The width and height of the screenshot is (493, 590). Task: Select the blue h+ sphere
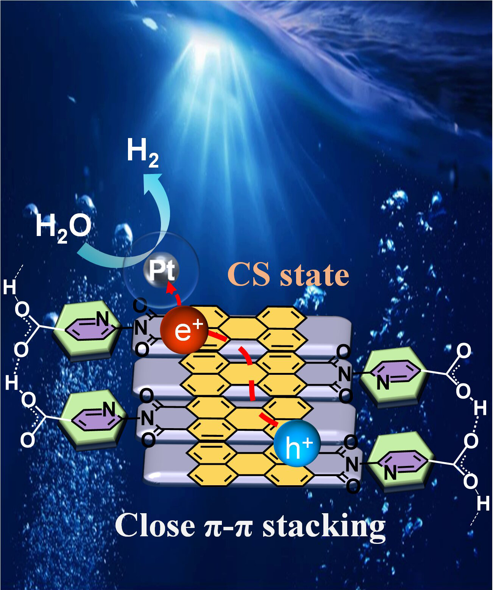click(x=297, y=444)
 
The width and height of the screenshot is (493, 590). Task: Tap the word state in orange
click(x=314, y=275)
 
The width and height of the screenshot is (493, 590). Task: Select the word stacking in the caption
click(x=324, y=526)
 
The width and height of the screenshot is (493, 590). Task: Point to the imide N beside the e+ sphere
click(x=141, y=328)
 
